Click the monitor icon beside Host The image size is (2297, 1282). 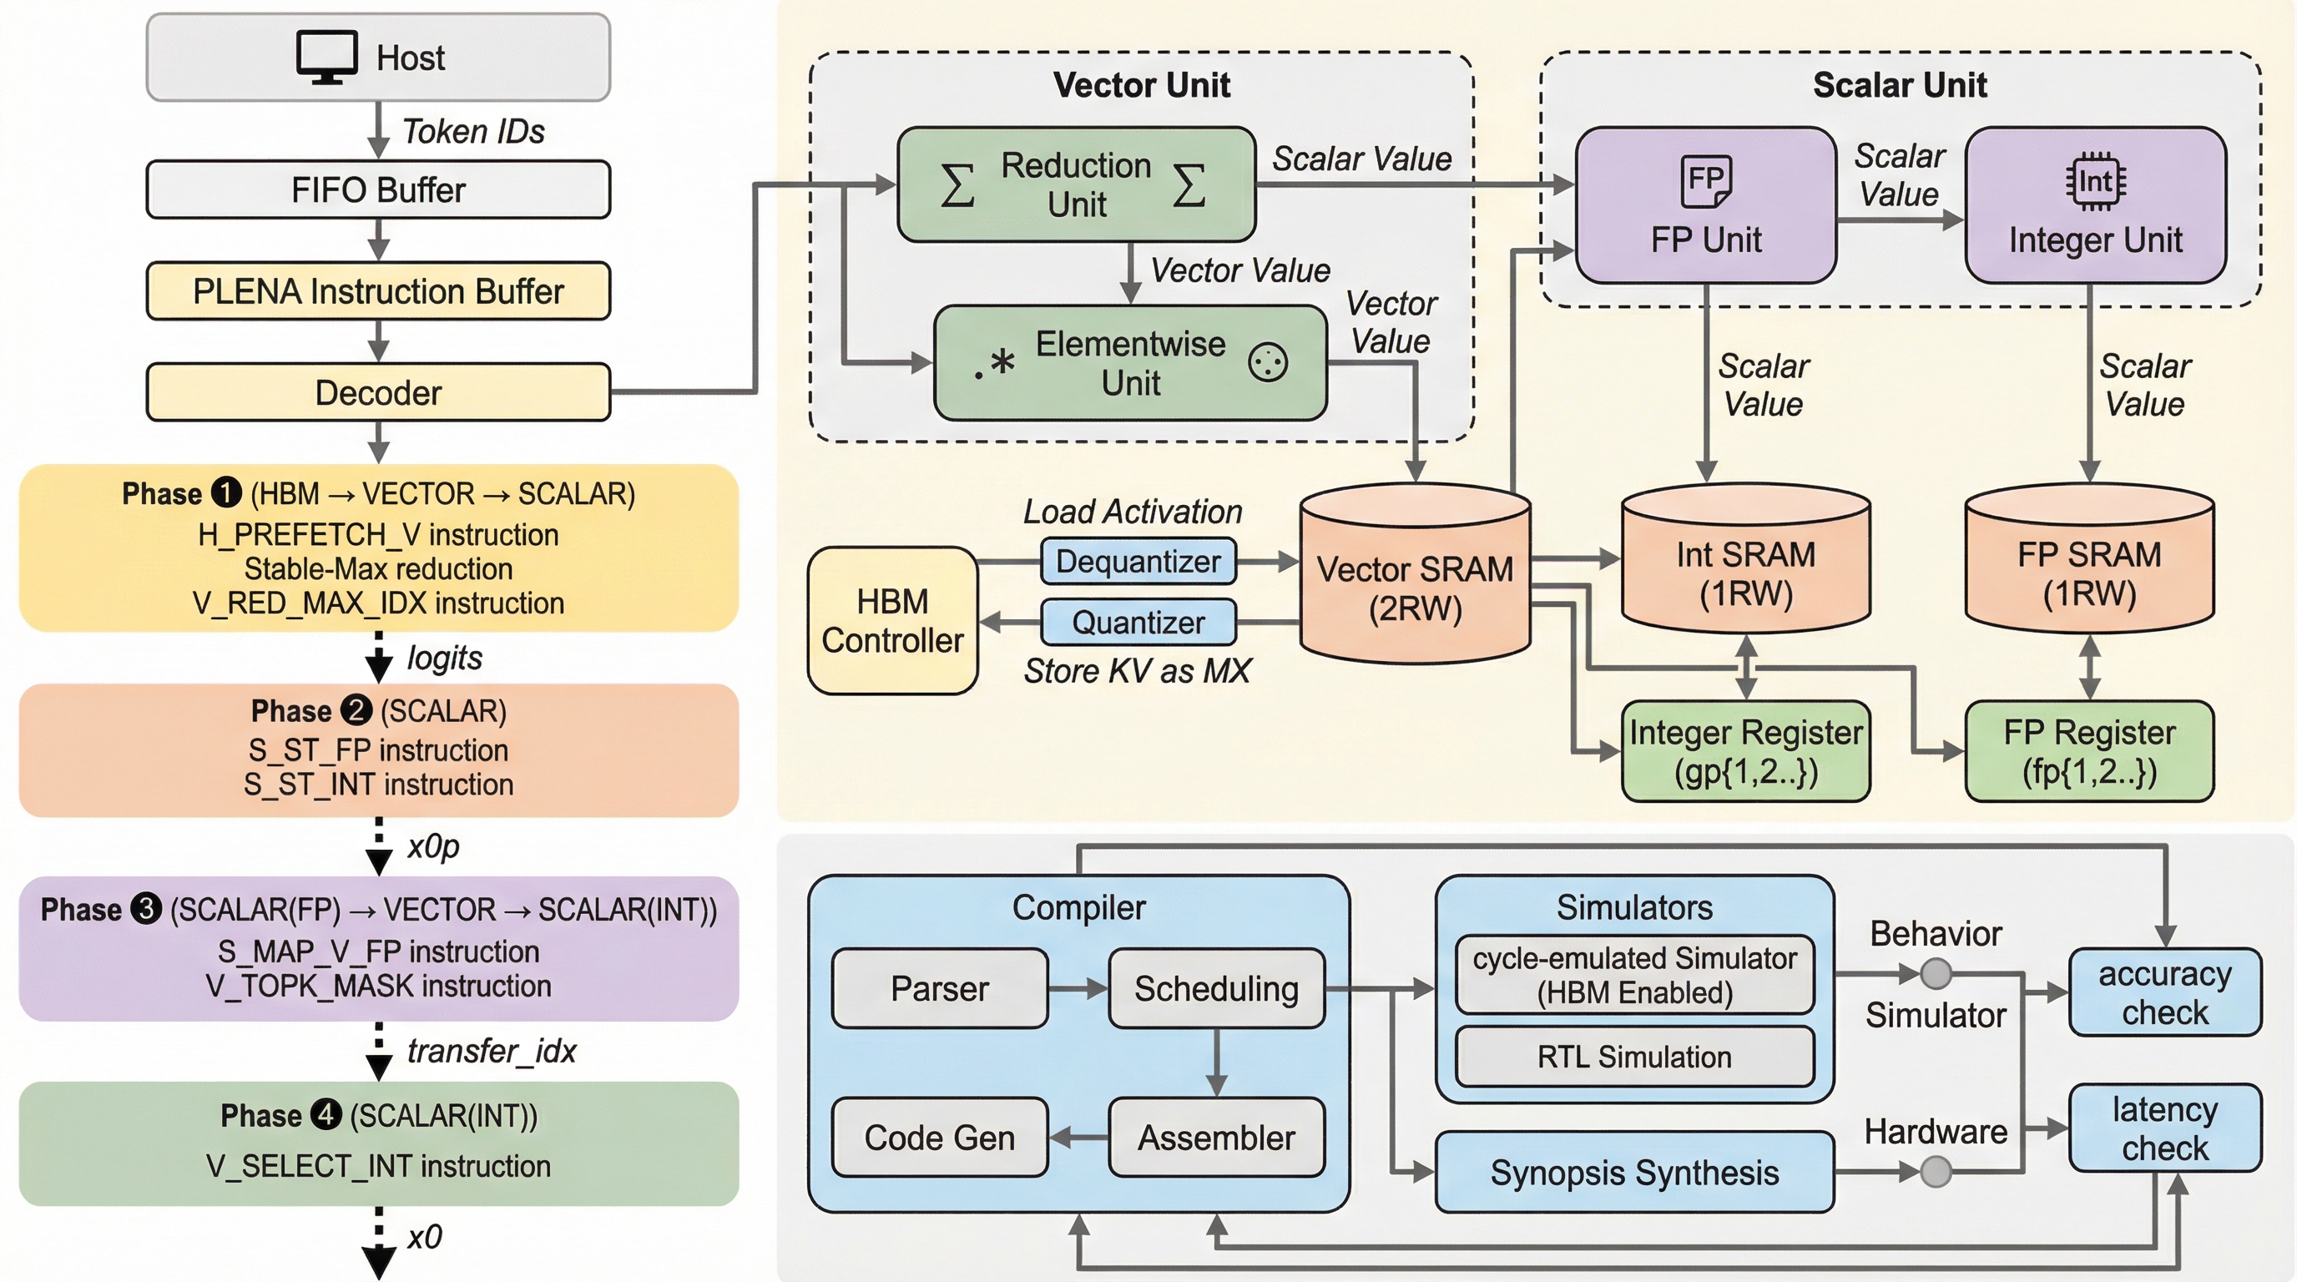point(326,56)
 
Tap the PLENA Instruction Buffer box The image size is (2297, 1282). point(378,291)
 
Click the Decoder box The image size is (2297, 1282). point(378,392)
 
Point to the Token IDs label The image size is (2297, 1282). point(472,132)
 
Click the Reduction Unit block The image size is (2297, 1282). point(1075,184)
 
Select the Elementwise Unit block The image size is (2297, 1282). point(1130,363)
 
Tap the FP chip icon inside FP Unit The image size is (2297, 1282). point(1705,180)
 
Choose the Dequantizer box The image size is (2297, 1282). point(1138,562)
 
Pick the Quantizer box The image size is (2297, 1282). point(1138,623)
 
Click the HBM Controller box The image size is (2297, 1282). point(891,620)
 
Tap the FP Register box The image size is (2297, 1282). point(2088,750)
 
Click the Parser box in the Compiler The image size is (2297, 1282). point(939,989)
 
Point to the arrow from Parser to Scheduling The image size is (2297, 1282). point(1078,989)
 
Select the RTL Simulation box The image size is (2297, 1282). point(1633,1057)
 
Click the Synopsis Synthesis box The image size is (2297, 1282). point(1633,1173)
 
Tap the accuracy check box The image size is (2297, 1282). point(2164,992)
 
